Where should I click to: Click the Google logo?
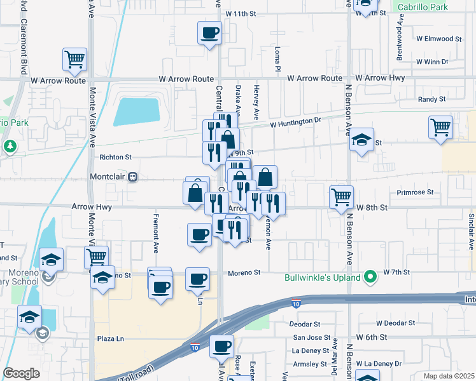(x=21, y=373)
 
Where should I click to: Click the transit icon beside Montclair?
(x=133, y=177)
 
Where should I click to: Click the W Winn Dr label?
(x=432, y=62)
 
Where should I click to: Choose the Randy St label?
(x=431, y=100)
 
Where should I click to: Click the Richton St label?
(x=115, y=156)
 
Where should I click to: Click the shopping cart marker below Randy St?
(x=440, y=127)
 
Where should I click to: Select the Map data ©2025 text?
(x=448, y=376)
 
